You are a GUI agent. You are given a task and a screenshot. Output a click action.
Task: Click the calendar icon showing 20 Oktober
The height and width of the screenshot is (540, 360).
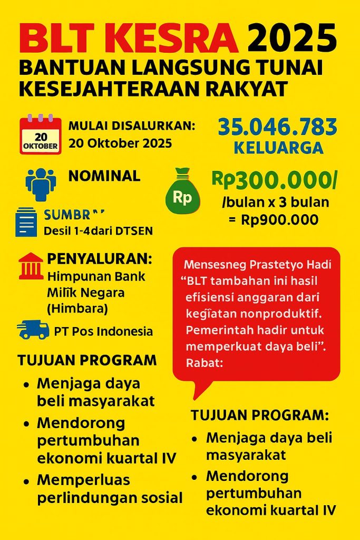(40, 135)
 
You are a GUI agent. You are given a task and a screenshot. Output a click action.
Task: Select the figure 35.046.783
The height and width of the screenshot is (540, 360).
(277, 127)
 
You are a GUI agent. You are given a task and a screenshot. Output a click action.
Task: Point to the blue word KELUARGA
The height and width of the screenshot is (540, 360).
(278, 148)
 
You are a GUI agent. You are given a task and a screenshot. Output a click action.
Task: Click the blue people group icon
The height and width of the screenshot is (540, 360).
(41, 184)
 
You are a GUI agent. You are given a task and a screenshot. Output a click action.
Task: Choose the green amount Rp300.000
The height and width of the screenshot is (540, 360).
(274, 180)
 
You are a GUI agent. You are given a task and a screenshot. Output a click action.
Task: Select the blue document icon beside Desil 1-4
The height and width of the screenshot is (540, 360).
(26, 221)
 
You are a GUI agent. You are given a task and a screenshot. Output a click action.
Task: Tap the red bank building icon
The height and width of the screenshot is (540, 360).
(31, 265)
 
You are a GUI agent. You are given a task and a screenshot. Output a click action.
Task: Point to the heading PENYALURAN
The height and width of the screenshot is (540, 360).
(99, 259)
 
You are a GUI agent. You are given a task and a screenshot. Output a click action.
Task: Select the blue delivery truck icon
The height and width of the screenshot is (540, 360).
(33, 330)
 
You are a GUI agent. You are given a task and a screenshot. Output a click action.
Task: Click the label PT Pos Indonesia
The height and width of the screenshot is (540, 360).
(103, 332)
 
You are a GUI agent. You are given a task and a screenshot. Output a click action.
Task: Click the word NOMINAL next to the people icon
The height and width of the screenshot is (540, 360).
(104, 176)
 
